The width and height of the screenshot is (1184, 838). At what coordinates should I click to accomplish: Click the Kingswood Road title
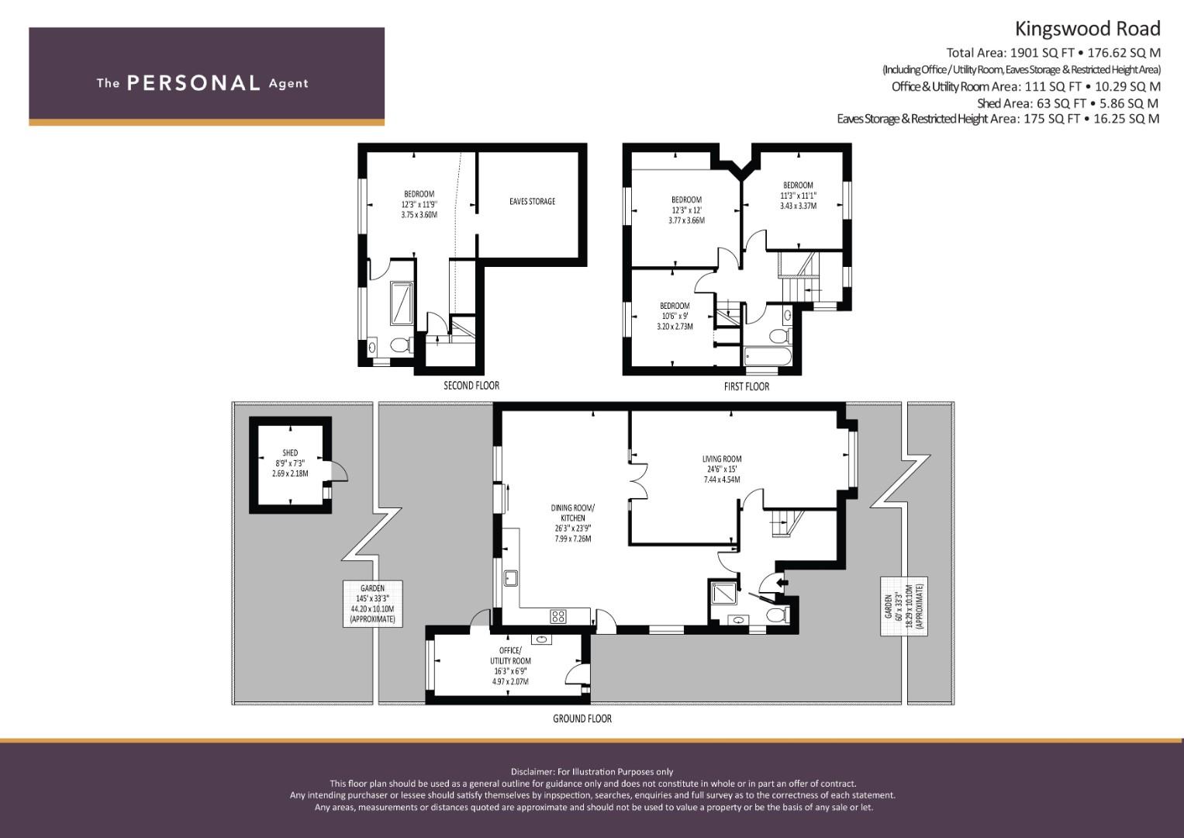1087,29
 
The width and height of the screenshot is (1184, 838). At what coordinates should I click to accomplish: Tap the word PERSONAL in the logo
194,83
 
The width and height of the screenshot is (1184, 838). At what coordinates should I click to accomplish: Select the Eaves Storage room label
532,201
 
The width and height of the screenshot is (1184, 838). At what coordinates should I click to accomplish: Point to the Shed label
290,453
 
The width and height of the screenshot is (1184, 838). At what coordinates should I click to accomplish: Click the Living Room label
722,459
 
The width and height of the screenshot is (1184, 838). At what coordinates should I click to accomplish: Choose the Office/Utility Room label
510,656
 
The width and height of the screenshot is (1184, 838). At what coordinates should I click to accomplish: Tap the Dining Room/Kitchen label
572,513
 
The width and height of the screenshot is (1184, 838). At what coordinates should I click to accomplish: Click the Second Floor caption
471,385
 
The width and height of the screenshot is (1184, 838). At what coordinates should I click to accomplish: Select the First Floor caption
747,386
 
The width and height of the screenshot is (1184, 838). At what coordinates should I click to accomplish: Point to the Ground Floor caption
582,719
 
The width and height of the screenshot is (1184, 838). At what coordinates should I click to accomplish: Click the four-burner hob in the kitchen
558,616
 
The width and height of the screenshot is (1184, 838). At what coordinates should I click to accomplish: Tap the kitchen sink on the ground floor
510,577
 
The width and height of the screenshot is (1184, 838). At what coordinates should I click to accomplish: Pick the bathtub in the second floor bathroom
402,303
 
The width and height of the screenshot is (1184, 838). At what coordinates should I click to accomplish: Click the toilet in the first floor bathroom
780,335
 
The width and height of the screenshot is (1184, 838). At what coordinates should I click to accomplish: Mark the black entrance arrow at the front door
782,583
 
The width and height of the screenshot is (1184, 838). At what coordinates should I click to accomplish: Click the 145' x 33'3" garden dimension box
373,604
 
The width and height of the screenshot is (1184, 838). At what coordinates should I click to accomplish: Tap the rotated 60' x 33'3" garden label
904,606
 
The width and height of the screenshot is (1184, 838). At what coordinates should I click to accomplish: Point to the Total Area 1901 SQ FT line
1053,53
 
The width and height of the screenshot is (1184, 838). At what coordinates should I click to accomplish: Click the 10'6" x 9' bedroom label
675,317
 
